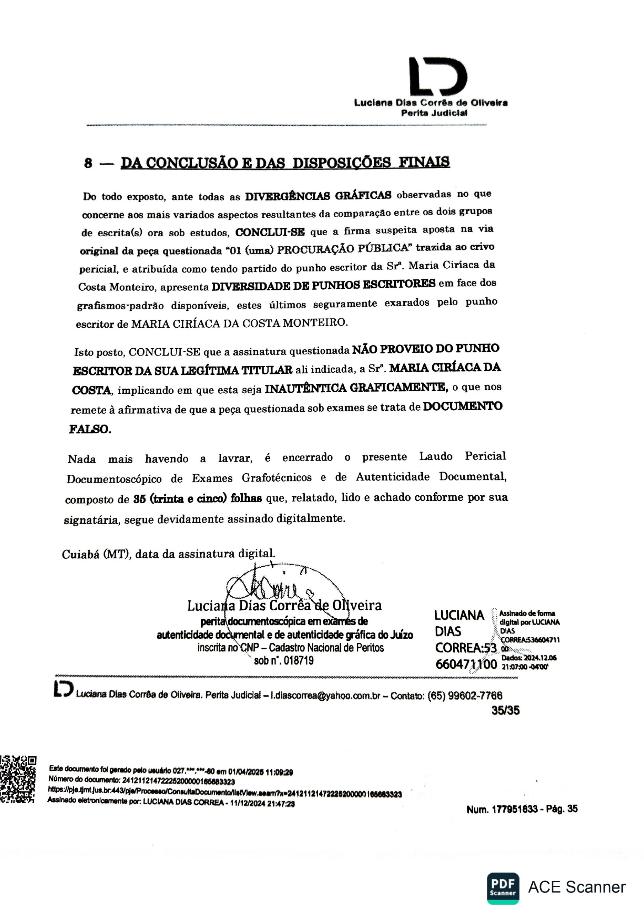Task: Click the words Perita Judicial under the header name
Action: (434, 113)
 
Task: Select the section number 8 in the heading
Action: (88, 163)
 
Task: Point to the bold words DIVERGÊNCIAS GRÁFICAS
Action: (318, 196)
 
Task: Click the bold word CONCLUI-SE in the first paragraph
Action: (270, 232)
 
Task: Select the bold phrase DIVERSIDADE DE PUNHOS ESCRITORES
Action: (323, 285)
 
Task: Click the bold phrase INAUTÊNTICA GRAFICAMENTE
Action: (356, 388)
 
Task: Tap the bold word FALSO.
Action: (90, 429)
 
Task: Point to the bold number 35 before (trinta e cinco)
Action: (140, 499)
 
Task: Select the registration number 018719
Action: (298, 660)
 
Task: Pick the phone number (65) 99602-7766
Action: (464, 695)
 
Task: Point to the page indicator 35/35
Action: (505, 710)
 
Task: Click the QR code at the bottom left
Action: (18, 780)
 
